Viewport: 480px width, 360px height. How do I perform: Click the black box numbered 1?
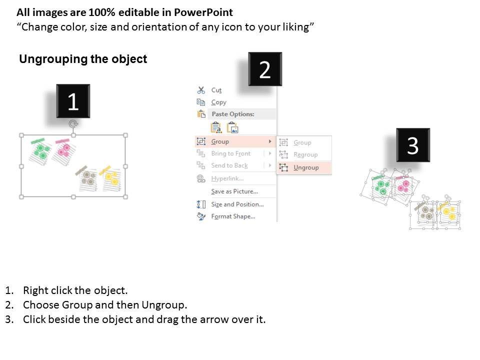point(73,101)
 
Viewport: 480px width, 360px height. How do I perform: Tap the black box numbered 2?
point(265,69)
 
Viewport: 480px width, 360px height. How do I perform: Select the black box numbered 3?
point(413,145)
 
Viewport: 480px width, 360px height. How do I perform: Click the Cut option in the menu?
point(216,90)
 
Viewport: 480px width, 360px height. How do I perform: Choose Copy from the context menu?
point(218,102)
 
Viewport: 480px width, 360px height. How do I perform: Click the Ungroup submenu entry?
point(306,167)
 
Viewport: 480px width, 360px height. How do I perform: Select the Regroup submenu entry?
point(305,154)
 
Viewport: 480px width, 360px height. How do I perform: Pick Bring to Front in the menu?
point(231,153)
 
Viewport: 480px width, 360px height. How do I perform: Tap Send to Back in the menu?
point(229,165)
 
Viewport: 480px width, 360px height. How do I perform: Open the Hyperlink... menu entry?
point(227,178)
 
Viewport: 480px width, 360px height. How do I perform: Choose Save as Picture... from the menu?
point(234,191)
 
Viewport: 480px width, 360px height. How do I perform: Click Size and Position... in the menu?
point(237,204)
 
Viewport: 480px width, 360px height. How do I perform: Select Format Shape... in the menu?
point(233,216)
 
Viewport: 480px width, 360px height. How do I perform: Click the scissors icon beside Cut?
point(201,90)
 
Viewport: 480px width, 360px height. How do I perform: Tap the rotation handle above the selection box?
point(73,123)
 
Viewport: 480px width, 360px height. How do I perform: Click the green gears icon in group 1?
point(41,151)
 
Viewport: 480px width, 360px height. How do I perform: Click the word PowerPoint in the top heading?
point(203,12)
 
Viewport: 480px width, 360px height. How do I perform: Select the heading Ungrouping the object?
point(83,59)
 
